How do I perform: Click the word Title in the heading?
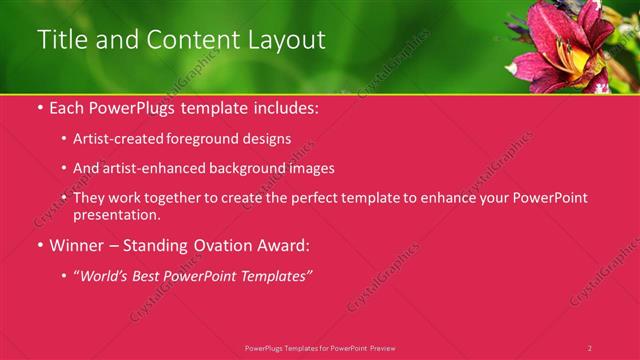61,40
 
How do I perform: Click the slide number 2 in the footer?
590,348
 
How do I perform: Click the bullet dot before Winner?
39,245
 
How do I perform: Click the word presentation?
115,214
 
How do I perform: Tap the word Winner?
76,245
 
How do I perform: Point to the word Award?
283,245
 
